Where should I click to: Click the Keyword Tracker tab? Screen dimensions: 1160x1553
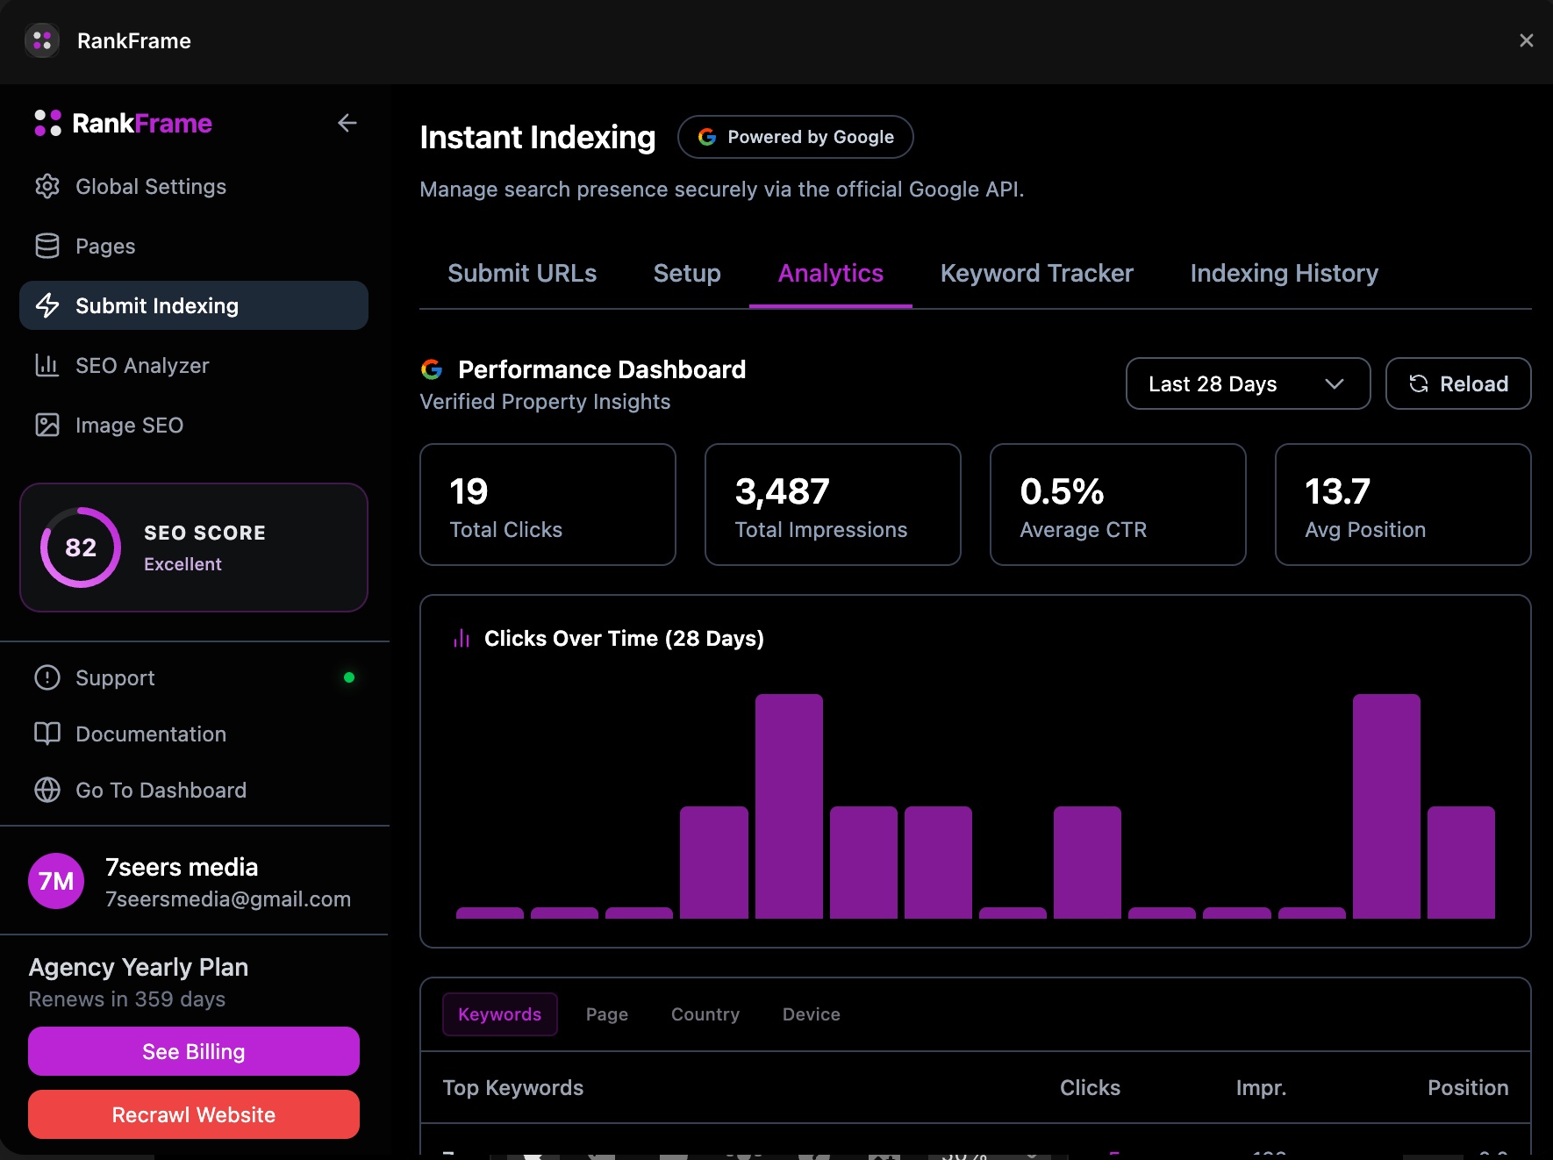pos(1036,274)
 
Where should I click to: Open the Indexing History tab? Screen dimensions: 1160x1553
pos(1284,274)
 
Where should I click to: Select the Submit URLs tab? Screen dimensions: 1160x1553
pos(522,274)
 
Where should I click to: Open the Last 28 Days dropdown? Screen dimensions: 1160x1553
pos(1247,383)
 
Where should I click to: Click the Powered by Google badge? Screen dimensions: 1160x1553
pos(795,137)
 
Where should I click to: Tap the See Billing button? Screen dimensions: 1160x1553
pos(193,1051)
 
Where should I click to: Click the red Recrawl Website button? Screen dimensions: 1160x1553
pos(193,1114)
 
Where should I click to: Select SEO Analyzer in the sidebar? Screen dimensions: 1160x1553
pos(142,366)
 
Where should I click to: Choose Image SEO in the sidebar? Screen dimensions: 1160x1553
pos(129,426)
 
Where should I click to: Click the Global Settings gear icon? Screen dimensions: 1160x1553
pos(47,187)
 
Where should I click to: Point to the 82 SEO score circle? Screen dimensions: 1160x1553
pos(81,548)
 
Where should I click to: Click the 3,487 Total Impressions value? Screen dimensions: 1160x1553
pos(782,491)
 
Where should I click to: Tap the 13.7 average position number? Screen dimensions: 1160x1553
pos(1336,491)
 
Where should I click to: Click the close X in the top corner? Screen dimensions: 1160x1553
pos(1526,40)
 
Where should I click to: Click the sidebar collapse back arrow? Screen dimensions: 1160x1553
pos(347,123)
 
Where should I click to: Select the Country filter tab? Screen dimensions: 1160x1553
pos(705,1014)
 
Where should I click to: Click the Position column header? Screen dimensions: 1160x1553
pos(1467,1088)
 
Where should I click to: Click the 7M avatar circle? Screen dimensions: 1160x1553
pos(56,881)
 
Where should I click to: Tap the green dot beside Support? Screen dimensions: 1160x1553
pos(349,677)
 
